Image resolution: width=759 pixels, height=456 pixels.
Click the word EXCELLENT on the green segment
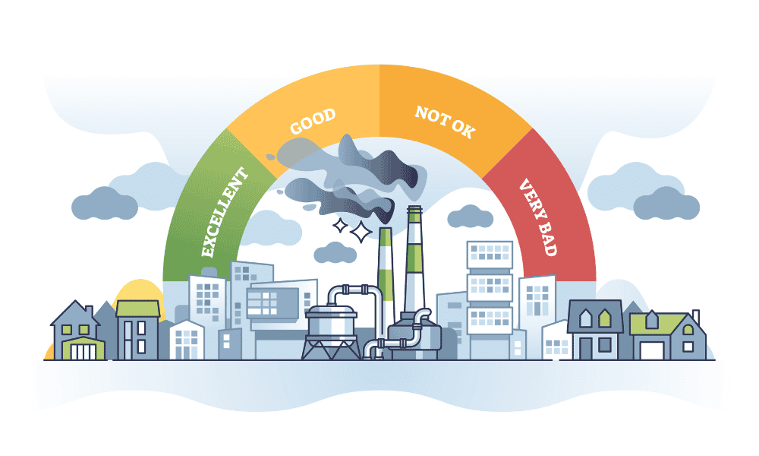click(x=225, y=212)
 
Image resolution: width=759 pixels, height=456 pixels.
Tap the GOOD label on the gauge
click(x=313, y=122)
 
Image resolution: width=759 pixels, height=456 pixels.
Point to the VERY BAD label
click(x=538, y=217)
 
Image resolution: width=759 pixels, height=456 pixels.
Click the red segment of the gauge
click(x=552, y=208)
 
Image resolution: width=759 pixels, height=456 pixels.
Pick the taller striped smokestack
click(x=415, y=259)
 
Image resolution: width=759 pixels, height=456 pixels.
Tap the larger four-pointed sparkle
click(x=361, y=232)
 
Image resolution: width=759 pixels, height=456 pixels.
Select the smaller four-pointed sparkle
click(x=340, y=226)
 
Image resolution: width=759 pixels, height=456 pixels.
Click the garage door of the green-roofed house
click(x=650, y=351)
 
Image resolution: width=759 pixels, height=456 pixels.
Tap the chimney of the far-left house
click(x=89, y=311)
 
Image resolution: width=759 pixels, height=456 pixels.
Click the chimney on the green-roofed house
click(x=695, y=316)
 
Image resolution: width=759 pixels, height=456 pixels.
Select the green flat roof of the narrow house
click(x=138, y=309)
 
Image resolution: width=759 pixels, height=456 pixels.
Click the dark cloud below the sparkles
click(x=335, y=252)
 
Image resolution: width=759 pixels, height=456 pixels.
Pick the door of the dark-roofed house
click(x=586, y=348)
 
